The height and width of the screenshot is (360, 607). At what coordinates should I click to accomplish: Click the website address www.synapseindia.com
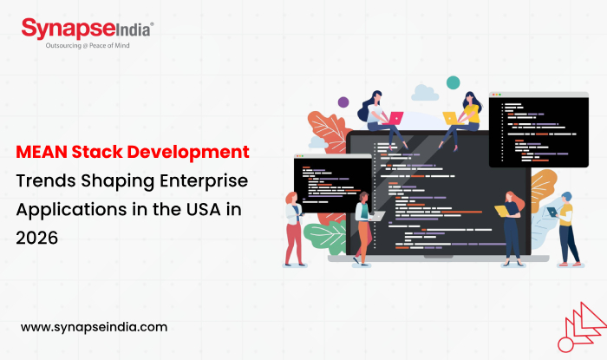[93, 327]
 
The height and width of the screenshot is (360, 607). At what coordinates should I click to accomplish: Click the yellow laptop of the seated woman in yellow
[450, 117]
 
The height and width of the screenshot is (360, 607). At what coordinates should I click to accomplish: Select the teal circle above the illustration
[452, 82]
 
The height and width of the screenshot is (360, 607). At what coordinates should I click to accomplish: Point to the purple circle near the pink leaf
[343, 101]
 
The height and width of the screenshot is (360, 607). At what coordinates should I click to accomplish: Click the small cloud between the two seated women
[424, 92]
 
